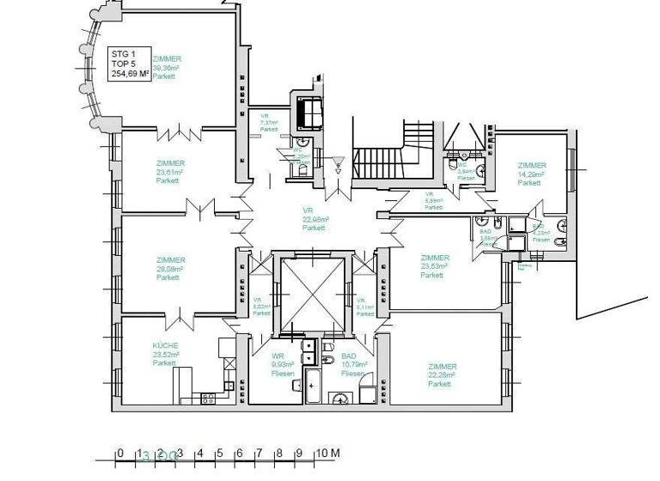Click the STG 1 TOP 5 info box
(x=130, y=64)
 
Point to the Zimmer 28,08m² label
(x=170, y=268)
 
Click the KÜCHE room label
(x=165, y=354)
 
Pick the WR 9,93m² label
(x=283, y=365)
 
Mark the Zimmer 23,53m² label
(x=434, y=266)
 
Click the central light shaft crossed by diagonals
(x=311, y=294)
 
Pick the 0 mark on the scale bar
(x=120, y=454)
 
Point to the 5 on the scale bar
(x=219, y=454)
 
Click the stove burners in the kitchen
(x=208, y=397)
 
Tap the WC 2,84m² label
(x=465, y=168)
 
